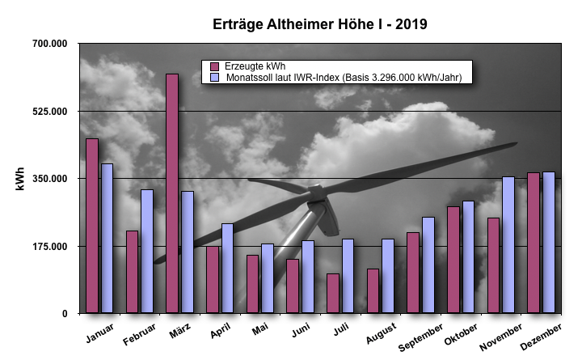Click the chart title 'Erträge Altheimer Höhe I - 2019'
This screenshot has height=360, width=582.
coord(314,24)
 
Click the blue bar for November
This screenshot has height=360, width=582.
coord(508,244)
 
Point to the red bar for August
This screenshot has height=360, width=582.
coord(373,290)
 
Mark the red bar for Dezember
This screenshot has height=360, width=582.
coord(533,242)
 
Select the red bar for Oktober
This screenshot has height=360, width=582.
coord(453,259)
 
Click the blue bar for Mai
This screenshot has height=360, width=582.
coord(268,277)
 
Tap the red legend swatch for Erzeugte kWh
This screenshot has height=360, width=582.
coord(214,66)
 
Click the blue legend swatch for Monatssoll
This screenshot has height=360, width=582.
coord(214,78)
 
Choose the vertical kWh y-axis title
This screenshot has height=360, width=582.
coord(19,178)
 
